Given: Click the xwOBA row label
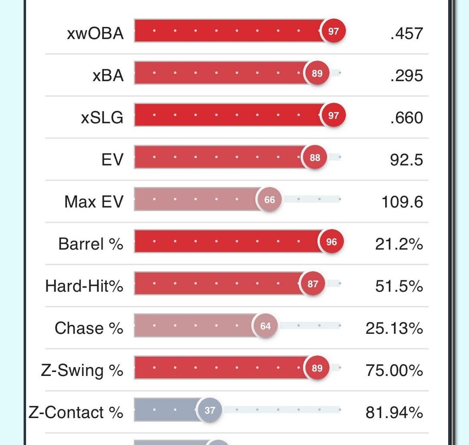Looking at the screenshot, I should click(95, 33).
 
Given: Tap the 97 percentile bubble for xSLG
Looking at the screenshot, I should click(333, 116).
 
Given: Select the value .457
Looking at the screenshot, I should click(406, 33).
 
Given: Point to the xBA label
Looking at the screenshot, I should click(108, 76).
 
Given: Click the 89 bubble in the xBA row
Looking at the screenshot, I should click(317, 73).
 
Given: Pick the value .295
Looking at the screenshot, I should click(406, 76).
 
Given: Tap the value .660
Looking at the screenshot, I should click(406, 118).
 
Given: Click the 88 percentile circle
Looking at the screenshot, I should click(315, 158).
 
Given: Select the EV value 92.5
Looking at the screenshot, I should click(406, 160).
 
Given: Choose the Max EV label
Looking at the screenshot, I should click(94, 202).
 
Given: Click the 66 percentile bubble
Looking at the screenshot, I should click(269, 200).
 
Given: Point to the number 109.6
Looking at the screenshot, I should click(402, 202).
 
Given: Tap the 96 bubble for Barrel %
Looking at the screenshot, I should click(331, 242).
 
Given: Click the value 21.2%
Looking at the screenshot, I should click(399, 244).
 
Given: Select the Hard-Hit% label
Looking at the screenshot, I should click(84, 286).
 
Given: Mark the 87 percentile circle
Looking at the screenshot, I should click(313, 284).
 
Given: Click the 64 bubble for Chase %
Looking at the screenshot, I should click(265, 326).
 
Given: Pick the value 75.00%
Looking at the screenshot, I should click(394, 370).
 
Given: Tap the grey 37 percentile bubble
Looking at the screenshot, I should click(210, 410).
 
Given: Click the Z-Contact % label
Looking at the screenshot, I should click(76, 412).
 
